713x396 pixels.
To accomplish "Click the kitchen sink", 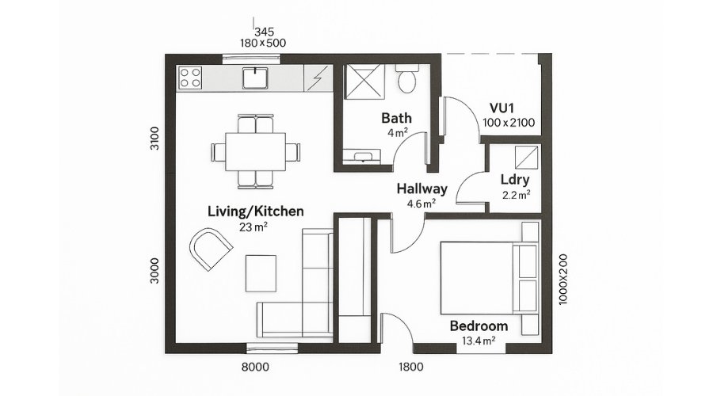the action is tap(254, 78).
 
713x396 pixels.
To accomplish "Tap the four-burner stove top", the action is tap(189, 78).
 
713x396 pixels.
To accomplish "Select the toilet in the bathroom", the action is tap(406, 78).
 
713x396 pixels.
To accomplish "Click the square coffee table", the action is tap(261, 273).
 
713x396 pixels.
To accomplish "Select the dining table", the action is tap(256, 151).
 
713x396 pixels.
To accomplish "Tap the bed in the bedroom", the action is tap(490, 278).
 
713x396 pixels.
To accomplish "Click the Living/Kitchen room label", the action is tap(256, 211).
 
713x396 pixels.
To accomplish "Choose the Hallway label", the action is tap(422, 188).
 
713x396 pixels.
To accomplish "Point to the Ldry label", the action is tap(515, 180).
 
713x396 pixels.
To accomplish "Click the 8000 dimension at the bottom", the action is tap(255, 367).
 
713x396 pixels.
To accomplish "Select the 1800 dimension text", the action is tap(411, 367).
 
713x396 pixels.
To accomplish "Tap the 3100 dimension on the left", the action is tap(154, 139).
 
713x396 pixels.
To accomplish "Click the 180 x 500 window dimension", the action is tap(263, 44).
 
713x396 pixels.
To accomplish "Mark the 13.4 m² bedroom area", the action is tap(479, 341).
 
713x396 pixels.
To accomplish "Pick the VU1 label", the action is tap(501, 109).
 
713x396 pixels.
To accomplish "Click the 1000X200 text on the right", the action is tap(563, 279).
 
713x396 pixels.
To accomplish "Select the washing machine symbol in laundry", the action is tap(527, 158).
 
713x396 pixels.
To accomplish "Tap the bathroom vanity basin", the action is tap(362, 155).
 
